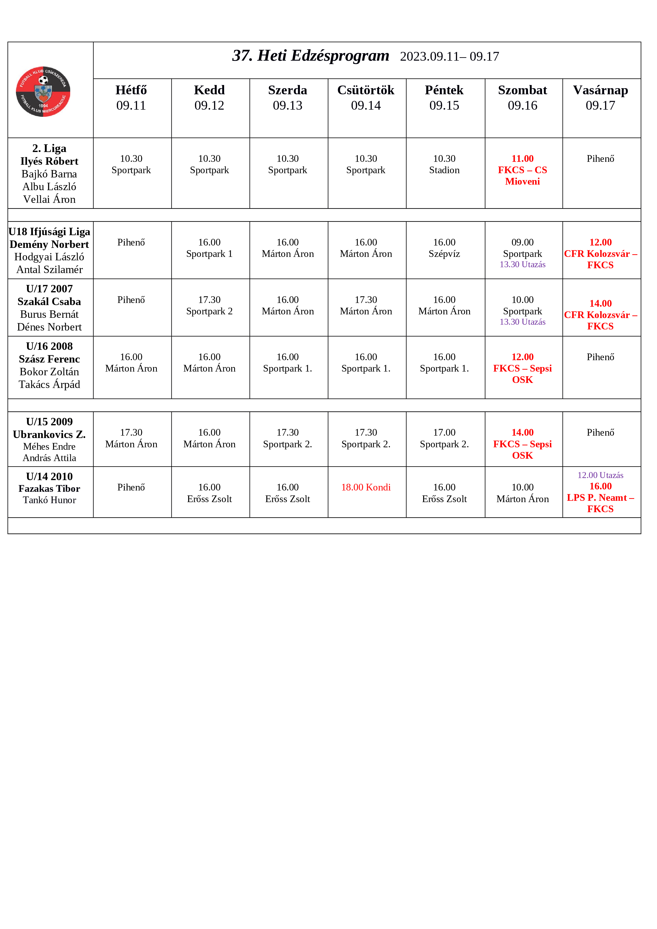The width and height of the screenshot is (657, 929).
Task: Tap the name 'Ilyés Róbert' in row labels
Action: (49, 161)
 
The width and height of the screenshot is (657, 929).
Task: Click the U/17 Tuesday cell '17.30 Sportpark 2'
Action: (209, 306)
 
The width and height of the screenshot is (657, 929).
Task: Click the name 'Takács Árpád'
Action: (49, 384)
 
